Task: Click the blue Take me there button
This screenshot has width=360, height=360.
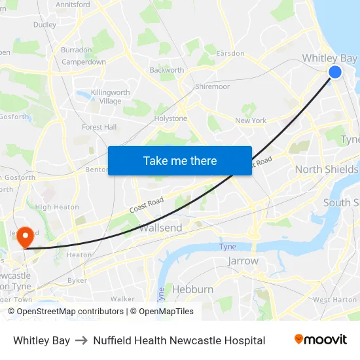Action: [180, 160]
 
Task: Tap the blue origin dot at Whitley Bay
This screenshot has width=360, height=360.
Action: [334, 72]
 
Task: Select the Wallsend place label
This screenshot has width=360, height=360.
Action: [160, 228]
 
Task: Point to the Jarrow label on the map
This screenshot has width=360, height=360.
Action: [243, 261]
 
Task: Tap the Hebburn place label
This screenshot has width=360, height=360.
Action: [192, 289]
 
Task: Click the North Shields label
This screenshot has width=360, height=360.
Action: [326, 170]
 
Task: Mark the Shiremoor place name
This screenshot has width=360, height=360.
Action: [212, 86]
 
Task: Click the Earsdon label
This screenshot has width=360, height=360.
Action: [230, 53]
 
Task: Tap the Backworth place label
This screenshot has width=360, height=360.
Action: [166, 70]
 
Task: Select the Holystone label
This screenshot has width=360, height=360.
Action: [170, 118]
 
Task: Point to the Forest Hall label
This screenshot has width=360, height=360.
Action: [99, 127]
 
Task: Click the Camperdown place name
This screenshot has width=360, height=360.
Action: [84, 62]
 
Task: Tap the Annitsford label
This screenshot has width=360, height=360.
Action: [73, 5]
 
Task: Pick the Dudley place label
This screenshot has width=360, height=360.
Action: [45, 25]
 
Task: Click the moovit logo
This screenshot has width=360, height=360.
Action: [320, 340]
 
